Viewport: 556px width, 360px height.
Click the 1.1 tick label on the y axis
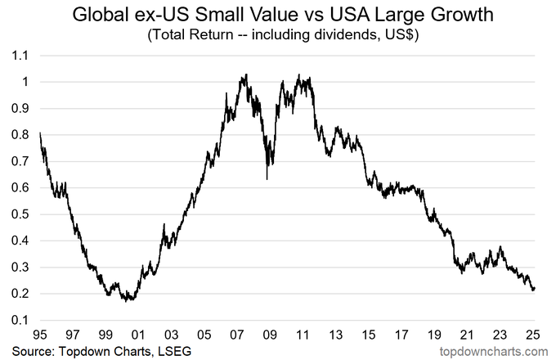tap(20, 56)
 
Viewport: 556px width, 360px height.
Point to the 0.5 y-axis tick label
tap(20, 214)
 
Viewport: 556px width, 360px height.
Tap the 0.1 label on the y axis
tap(20, 320)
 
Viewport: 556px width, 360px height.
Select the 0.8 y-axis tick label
tap(20, 135)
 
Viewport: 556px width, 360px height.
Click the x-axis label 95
tap(40, 335)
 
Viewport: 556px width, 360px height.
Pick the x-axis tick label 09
tap(270, 335)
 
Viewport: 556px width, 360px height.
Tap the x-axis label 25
tap(533, 335)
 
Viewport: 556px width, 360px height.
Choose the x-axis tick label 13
tap(336, 335)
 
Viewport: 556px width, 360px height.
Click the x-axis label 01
tap(138, 335)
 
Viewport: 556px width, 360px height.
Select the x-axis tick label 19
tap(434, 335)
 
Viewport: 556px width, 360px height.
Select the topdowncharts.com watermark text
tap(494, 352)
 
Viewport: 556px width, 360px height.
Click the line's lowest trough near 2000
tap(126, 301)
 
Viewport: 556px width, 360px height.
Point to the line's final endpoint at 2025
tap(535, 288)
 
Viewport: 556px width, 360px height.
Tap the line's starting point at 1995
tap(40, 133)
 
